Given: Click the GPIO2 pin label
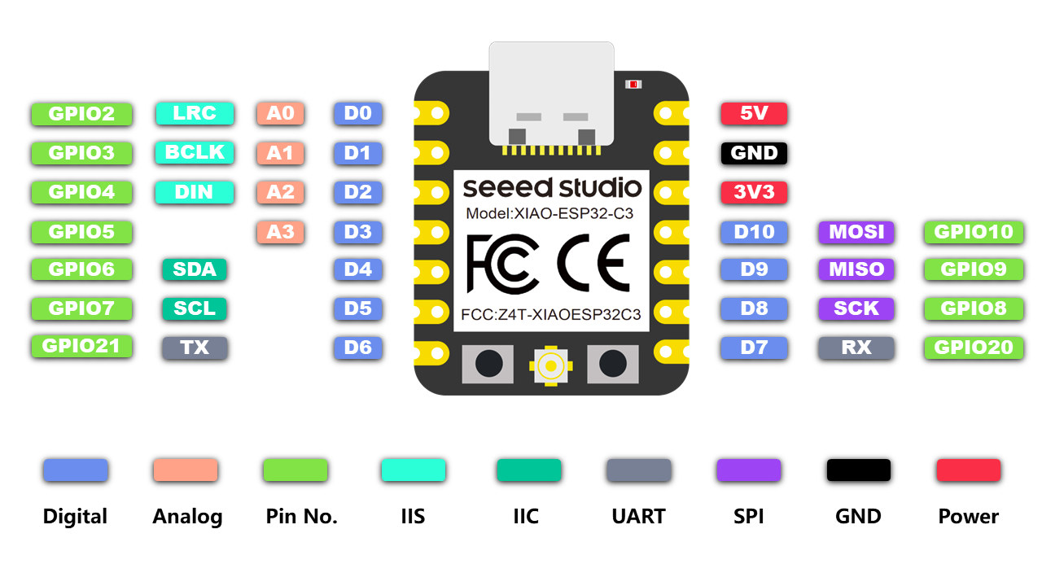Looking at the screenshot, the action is [82, 113].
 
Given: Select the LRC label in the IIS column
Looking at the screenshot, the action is [195, 113].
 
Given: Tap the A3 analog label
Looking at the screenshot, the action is [281, 232].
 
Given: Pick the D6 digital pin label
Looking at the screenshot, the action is [357, 348].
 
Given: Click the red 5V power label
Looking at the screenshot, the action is [754, 113].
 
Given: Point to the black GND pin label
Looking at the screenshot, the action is [754, 153].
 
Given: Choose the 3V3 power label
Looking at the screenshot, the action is [754, 192].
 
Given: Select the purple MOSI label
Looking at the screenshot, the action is [856, 232].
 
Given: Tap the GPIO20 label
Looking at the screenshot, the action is [974, 348].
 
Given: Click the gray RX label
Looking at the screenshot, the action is [856, 348].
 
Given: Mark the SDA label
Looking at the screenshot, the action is [195, 269].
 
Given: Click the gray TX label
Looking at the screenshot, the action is [195, 348].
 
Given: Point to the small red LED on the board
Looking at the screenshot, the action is [633, 84].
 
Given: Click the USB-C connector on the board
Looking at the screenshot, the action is [551, 94].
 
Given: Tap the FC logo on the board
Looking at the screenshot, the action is [502, 264].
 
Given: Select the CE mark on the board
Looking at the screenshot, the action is [594, 264].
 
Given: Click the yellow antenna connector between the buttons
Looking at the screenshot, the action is [551, 366].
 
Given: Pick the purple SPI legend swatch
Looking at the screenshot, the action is [748, 470].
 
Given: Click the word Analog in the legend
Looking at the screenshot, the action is [187, 517].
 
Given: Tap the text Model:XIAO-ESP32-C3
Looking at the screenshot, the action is [549, 213].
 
